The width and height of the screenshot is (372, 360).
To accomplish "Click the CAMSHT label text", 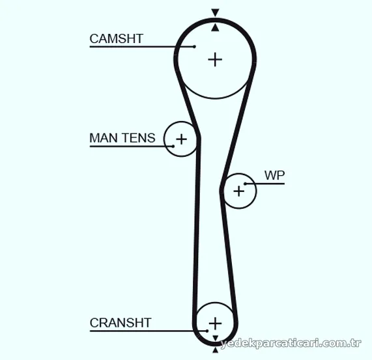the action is click(x=116, y=38).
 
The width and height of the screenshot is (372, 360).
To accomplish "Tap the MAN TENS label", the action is click(x=122, y=138).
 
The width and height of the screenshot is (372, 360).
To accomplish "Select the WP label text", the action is click(x=274, y=175).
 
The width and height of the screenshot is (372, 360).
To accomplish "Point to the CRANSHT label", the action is click(x=121, y=322).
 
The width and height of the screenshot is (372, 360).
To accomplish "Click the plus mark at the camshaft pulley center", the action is click(x=215, y=59).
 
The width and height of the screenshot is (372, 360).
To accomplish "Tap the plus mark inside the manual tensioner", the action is click(x=182, y=139).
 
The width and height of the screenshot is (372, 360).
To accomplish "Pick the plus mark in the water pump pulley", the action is click(x=239, y=191).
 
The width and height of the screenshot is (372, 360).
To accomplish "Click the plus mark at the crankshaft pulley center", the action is click(x=215, y=324).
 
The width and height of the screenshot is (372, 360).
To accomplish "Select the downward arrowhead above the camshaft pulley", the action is click(x=215, y=12).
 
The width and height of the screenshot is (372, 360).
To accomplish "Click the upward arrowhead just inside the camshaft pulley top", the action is click(x=215, y=27).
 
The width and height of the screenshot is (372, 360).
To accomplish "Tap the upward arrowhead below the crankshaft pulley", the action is click(x=215, y=350).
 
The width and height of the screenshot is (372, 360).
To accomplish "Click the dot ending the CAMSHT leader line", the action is click(x=194, y=47).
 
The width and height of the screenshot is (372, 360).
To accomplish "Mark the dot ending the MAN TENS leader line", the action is click(x=173, y=146).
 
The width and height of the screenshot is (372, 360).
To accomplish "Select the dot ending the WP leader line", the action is click(x=246, y=184).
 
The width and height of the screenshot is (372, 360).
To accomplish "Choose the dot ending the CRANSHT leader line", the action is click(x=207, y=331).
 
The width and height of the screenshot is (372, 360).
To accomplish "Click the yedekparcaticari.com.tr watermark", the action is click(x=291, y=344).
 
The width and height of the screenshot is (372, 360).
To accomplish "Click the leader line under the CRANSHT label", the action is click(x=149, y=331).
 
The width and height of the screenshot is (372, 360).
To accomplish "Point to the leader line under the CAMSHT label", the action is click(x=142, y=47).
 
